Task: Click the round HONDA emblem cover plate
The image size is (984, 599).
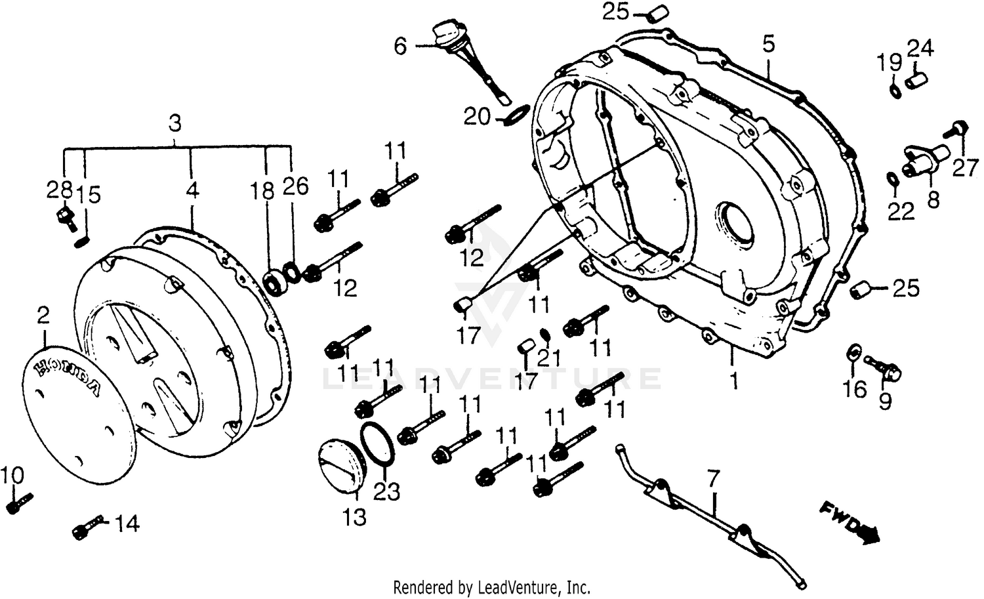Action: [79, 410]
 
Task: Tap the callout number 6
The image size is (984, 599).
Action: [400, 47]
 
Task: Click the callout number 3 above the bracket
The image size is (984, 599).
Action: [174, 123]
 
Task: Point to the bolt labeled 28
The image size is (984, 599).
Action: [64, 217]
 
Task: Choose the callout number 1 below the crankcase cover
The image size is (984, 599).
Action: [735, 380]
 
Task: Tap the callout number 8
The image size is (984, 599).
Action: [932, 199]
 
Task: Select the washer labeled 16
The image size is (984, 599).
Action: [855, 351]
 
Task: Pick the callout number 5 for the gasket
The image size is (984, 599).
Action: [769, 45]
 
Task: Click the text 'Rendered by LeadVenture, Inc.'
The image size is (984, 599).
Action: [491, 586]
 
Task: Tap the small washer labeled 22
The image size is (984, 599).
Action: [893, 178]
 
